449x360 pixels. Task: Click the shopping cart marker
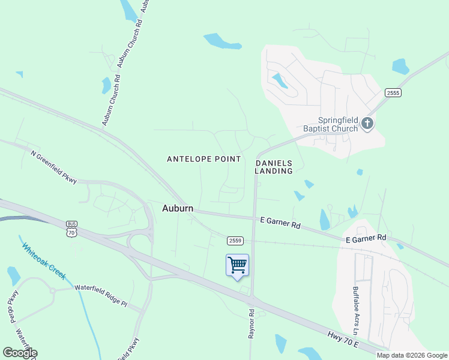(x=238, y=265)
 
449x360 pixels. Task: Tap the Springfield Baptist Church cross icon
(x=368, y=124)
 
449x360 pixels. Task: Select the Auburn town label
(x=178, y=208)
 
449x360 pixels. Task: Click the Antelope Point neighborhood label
(x=203, y=159)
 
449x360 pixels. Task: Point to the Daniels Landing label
(x=274, y=167)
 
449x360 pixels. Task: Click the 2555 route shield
(x=393, y=92)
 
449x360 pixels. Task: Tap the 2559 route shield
(x=235, y=241)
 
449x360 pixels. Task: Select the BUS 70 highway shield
(x=72, y=228)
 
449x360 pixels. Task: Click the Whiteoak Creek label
(x=43, y=260)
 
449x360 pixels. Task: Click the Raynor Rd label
(x=252, y=324)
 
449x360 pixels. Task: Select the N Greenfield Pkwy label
(x=54, y=167)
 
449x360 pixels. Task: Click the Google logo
(x=20, y=353)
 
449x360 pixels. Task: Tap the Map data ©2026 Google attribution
(x=411, y=355)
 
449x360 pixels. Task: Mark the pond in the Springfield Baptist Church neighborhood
(x=279, y=80)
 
